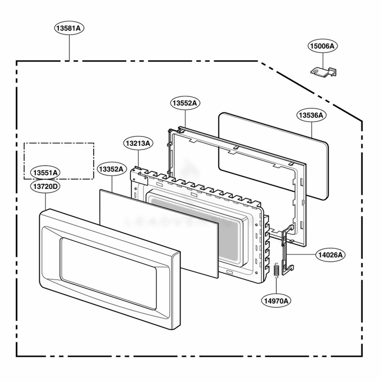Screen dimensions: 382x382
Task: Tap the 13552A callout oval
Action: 185,103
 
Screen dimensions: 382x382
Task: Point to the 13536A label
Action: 312,115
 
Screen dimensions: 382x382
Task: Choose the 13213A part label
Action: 138,143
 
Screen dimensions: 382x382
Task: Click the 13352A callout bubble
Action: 112,169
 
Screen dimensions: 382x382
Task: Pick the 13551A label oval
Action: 45,173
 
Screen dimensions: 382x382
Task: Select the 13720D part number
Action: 45,186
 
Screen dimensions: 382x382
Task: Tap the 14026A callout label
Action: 330,255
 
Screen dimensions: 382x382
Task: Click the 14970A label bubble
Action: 276,301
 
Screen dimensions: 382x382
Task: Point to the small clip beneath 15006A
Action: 324,71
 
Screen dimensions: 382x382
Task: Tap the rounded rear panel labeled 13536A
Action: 274,156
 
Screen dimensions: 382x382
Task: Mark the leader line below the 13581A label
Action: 69,48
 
